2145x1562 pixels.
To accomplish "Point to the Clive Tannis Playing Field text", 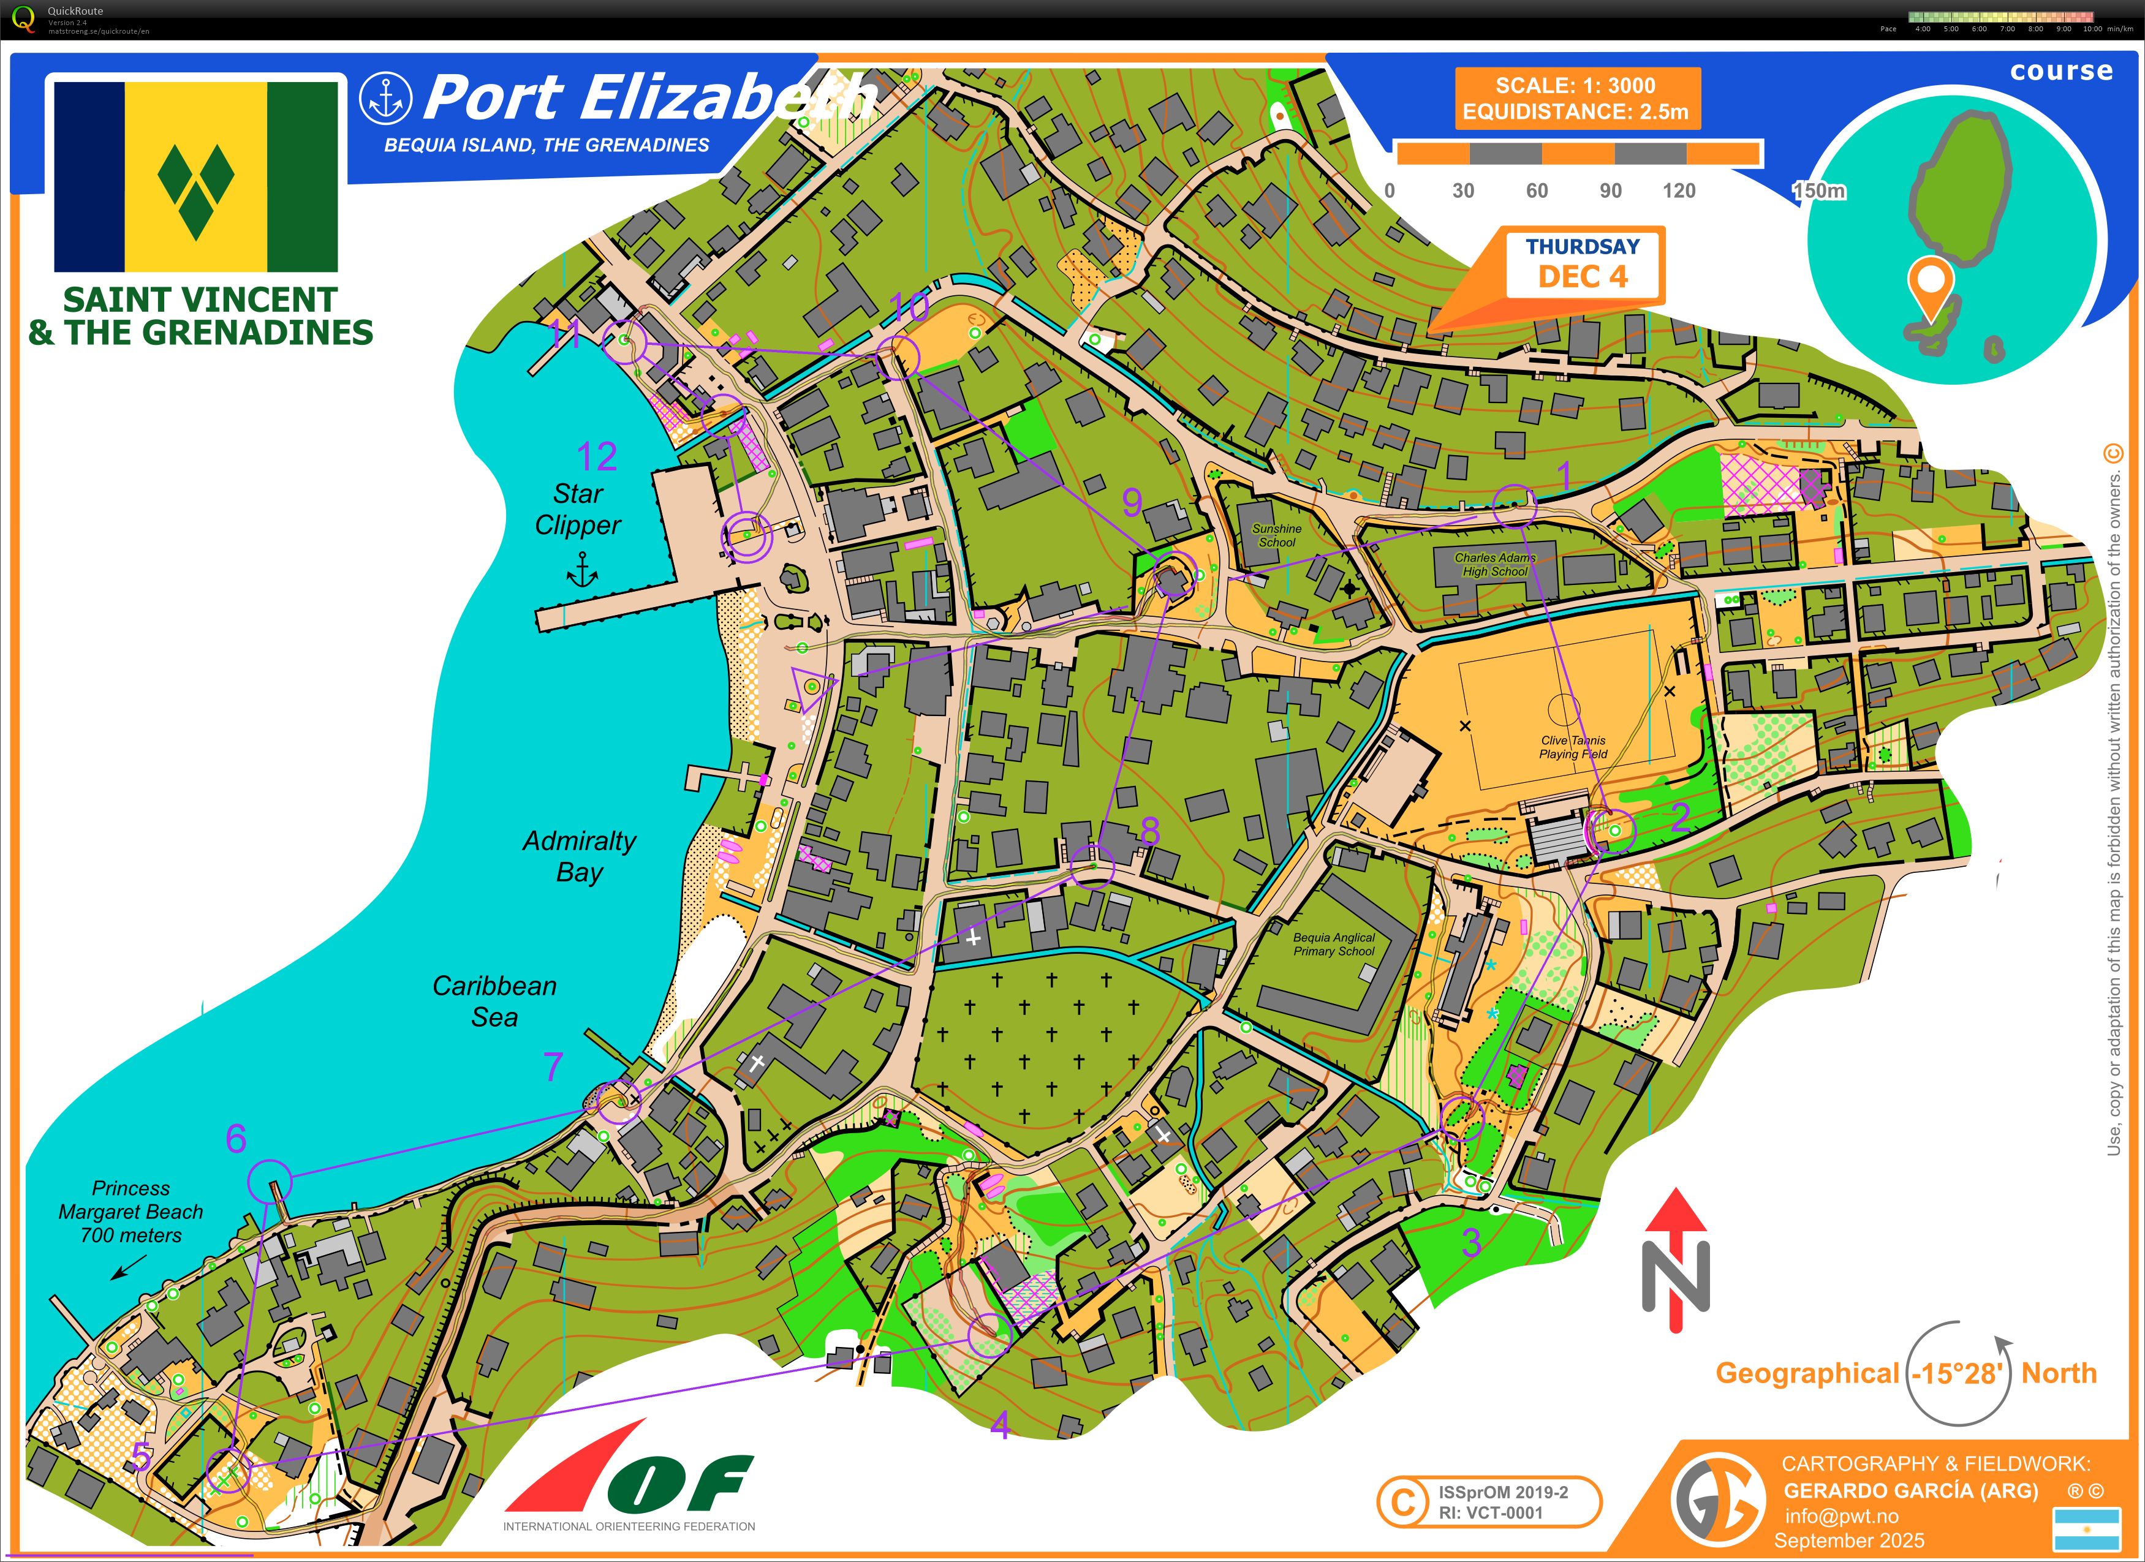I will (1573, 747).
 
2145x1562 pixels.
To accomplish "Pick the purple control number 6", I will (236, 1138).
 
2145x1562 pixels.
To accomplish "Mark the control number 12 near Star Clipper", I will (597, 457).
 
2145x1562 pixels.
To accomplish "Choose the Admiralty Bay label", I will (579, 856).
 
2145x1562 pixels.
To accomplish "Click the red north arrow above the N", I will (1676, 1220).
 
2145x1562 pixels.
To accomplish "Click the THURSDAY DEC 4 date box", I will (1583, 264).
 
